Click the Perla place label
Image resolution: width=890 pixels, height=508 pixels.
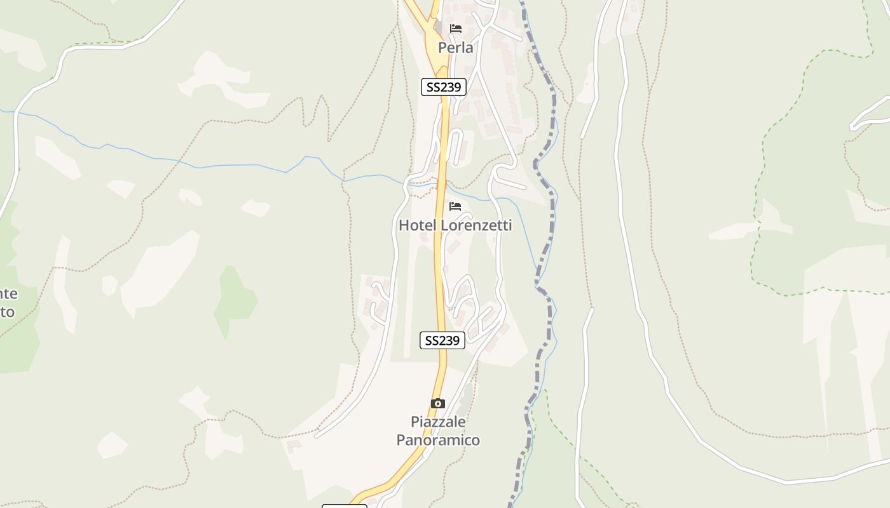(x=455, y=48)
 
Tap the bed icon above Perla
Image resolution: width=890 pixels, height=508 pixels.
(x=455, y=29)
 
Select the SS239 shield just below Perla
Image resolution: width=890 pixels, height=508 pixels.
(x=444, y=87)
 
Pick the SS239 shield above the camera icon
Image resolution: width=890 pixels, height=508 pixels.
(x=442, y=340)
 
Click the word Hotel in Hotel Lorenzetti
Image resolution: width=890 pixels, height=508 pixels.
(x=418, y=225)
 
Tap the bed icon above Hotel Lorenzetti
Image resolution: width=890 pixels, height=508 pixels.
(x=455, y=206)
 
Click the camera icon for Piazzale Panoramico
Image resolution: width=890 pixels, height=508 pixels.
(x=437, y=403)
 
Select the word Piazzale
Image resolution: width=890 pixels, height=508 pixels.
(x=438, y=422)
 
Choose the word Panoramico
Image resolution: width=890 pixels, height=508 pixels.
(x=438, y=440)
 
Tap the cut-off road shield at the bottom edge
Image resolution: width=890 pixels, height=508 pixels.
(x=344, y=505)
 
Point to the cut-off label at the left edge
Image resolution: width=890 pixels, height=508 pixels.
(x=8, y=303)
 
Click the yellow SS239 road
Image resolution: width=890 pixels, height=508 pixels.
(x=439, y=267)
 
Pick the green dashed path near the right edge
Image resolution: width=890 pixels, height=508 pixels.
(x=756, y=190)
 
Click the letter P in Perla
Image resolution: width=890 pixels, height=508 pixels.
(x=442, y=48)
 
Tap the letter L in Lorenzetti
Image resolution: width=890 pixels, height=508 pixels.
(x=446, y=225)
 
